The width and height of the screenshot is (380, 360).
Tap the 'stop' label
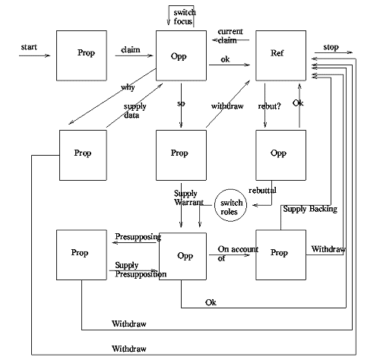pos(331,46)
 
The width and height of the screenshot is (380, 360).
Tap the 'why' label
pos(128,87)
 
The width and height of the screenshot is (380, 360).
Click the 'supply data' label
pos(135,110)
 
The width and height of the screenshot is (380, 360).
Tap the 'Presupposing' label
pos(138,237)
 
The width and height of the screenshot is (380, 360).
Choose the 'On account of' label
pos(233,254)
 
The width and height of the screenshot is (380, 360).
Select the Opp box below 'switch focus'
pos(182,54)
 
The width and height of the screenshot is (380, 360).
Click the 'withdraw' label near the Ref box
pos(227,106)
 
